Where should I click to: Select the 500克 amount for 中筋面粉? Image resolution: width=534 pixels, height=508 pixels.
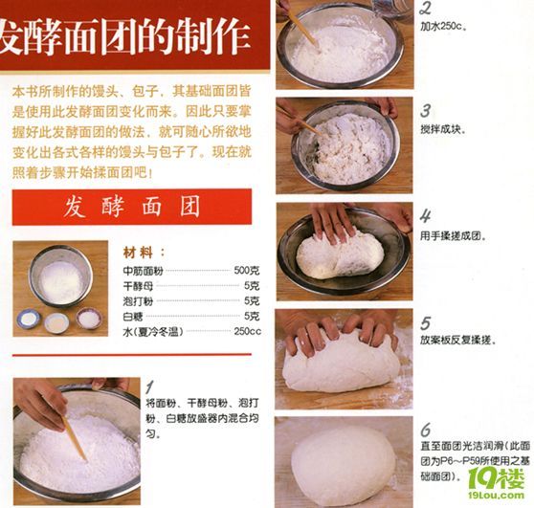pyautogui.click(x=247, y=271)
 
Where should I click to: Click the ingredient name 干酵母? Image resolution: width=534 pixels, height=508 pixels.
pyautogui.click(x=139, y=286)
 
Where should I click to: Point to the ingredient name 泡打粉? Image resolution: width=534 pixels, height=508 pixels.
pyautogui.click(x=139, y=300)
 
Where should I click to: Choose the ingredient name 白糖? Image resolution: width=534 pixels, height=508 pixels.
pyautogui.click(x=134, y=316)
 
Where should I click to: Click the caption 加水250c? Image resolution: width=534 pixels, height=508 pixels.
pyautogui.click(x=442, y=26)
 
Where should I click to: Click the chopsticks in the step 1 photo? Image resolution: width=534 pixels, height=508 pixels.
pyautogui.click(x=73, y=435)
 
